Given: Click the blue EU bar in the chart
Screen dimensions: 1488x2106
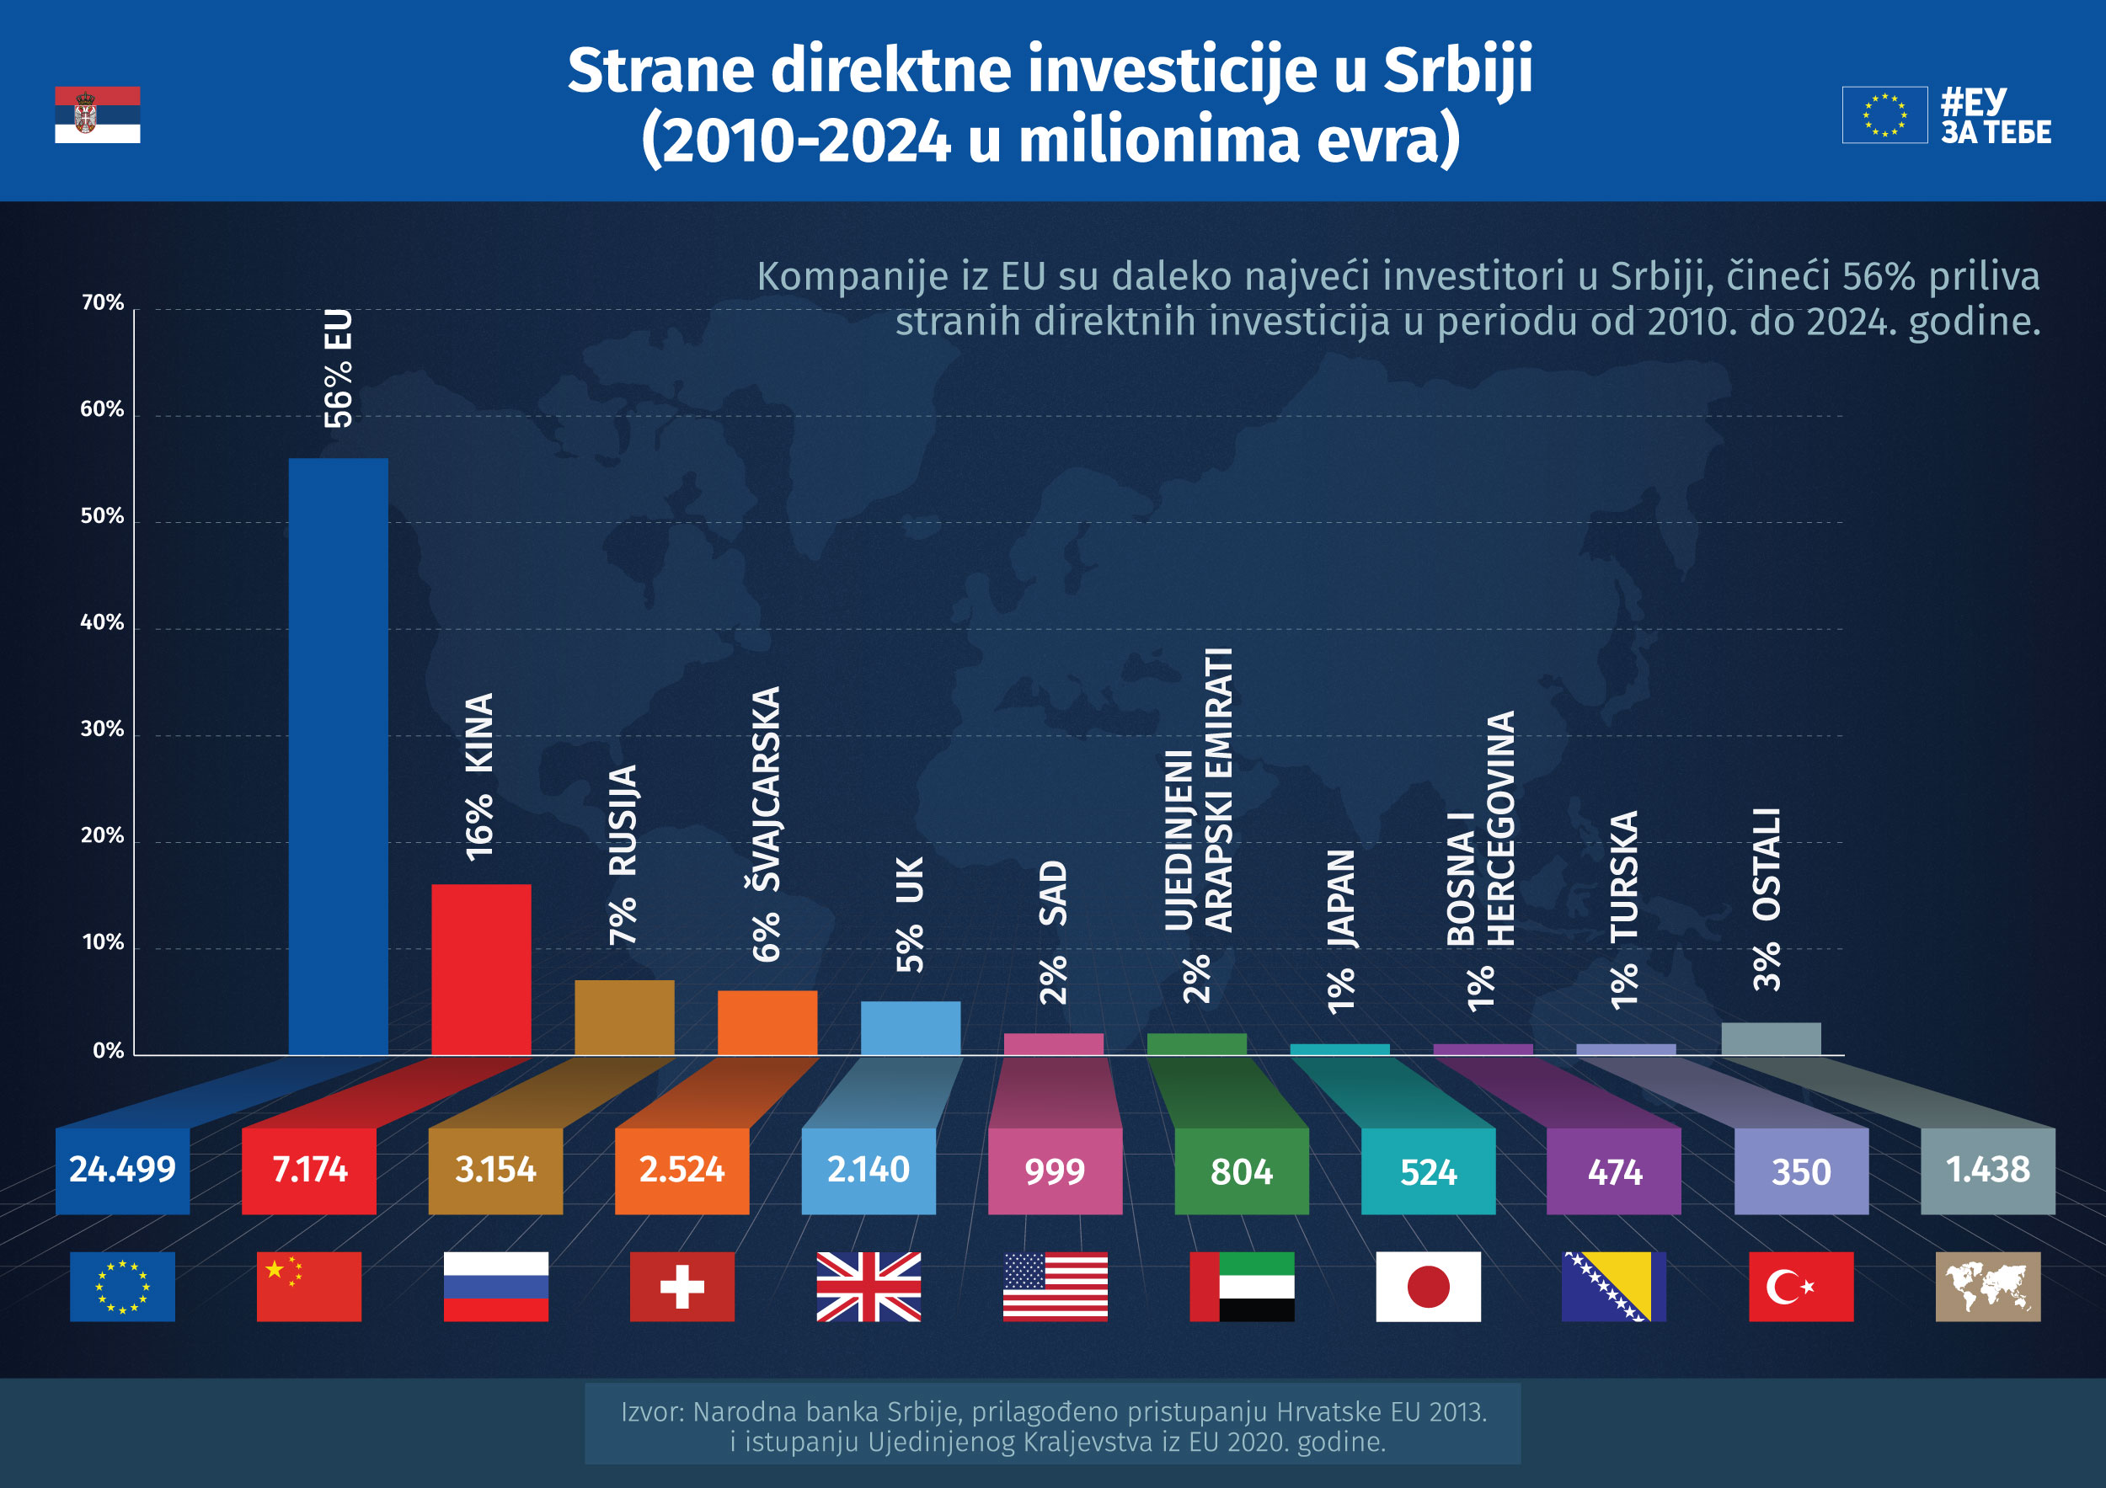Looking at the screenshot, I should coord(338,756).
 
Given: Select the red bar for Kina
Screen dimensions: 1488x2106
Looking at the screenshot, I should coord(481,969).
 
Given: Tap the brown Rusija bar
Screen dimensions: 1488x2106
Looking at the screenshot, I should coord(623,1016).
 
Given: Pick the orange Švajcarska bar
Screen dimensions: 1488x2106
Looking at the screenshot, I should coord(767,1022).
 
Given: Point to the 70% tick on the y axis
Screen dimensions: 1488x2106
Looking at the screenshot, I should coord(102,302).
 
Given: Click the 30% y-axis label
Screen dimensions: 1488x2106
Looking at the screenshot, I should coord(102,729).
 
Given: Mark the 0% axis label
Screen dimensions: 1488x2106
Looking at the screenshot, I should coord(107,1051).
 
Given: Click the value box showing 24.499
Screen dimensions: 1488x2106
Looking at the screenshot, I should coord(122,1170).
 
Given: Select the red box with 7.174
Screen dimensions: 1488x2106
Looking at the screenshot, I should coord(308,1170).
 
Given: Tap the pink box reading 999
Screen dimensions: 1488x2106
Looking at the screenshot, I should coord(1055,1171).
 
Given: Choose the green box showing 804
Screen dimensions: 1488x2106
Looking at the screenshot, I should coord(1241,1171).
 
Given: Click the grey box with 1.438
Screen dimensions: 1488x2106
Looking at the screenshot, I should coord(1988,1170).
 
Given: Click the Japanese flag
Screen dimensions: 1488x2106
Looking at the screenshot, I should coord(1427,1286).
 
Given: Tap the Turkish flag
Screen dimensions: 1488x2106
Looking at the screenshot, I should coord(1800,1286).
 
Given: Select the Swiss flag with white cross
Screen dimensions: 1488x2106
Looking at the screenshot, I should coord(682,1286).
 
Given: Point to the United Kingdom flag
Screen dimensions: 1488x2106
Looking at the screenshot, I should coord(869,1286).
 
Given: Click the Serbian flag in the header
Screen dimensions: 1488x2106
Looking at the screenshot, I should coord(97,115).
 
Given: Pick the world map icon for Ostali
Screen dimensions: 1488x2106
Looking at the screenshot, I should coord(1988,1286).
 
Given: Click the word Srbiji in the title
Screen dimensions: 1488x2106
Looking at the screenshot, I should coord(1457,71).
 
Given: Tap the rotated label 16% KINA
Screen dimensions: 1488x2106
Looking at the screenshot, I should coord(479,776).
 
